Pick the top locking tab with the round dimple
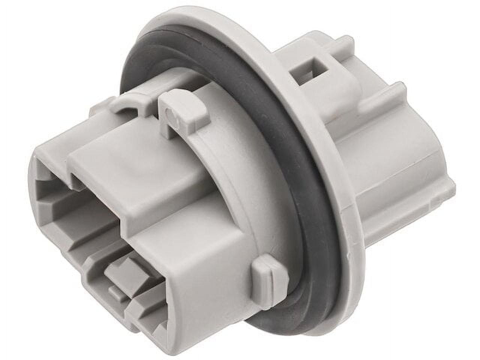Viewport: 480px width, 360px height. click(x=180, y=112)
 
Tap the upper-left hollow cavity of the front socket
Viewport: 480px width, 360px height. click(x=56, y=187)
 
